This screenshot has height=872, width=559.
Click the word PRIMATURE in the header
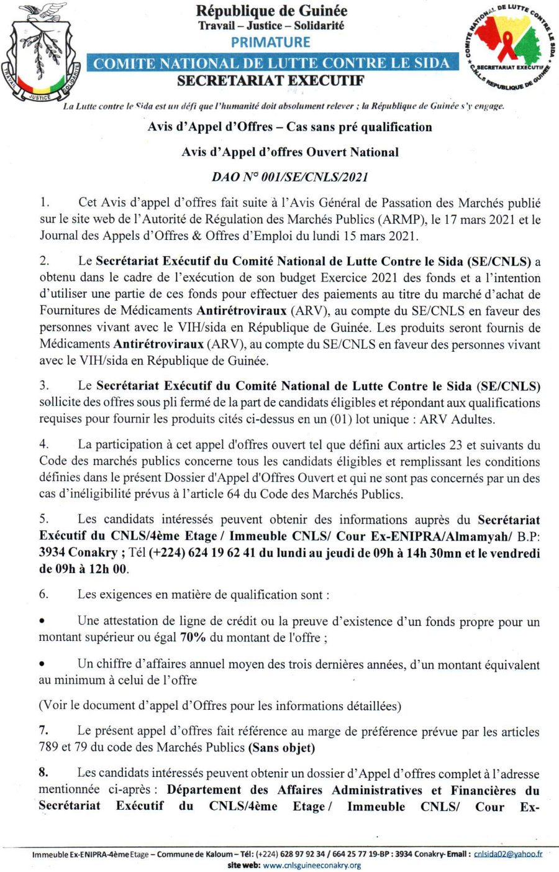(270, 42)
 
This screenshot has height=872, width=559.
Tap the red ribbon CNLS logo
(511, 47)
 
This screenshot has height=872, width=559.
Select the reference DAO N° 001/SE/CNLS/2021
(290, 177)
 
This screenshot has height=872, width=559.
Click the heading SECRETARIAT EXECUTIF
(270, 81)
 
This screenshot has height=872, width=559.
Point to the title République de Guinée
(271, 11)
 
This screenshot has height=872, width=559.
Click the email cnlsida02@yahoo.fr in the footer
(507, 854)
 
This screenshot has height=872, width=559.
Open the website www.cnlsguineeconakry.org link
(312, 865)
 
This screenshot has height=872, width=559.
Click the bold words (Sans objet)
(281, 748)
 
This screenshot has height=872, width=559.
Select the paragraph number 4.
(43, 444)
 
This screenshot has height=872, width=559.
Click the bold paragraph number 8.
(43, 773)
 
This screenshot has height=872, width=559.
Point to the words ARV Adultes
(457, 420)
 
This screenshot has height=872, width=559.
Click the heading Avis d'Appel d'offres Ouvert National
(290, 152)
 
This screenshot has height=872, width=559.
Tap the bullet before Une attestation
(42, 621)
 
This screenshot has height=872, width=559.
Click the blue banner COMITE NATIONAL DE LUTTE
(271, 63)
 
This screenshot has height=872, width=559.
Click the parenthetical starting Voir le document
(220, 705)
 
